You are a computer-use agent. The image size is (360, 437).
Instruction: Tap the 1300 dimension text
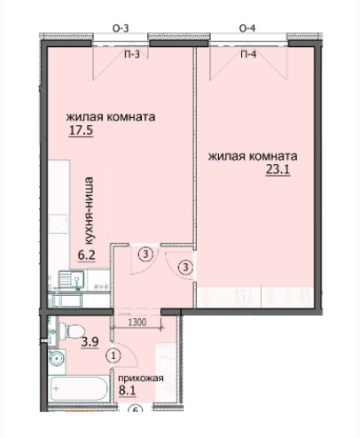137,322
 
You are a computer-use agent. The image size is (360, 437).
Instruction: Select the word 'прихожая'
142,378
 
